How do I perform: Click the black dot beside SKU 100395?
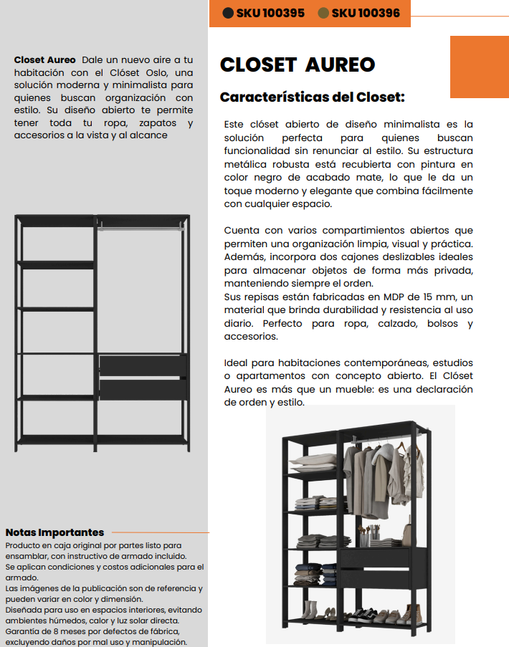pos(229,13)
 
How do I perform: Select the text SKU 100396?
pos(366,13)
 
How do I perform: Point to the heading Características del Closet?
pos(312,97)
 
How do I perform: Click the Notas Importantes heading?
pos(54,532)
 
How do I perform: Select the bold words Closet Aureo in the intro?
pos(44,59)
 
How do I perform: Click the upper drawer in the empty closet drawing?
pos(142,365)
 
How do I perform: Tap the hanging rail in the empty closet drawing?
pos(141,229)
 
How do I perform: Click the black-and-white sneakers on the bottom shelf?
pos(365,614)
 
